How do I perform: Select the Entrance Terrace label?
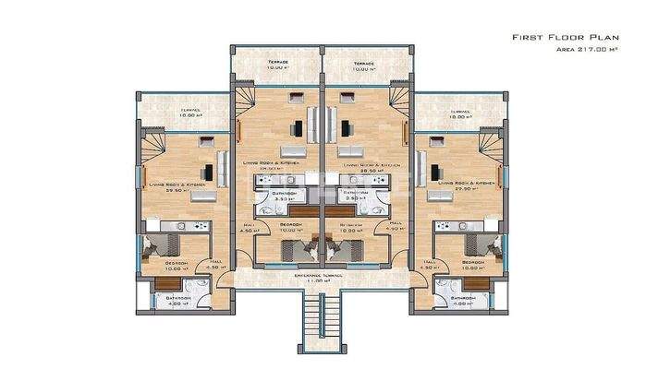point(320,274)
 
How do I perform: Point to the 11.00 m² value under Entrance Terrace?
point(320,282)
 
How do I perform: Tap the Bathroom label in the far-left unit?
point(177,298)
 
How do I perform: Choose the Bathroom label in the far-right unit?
point(463,298)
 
